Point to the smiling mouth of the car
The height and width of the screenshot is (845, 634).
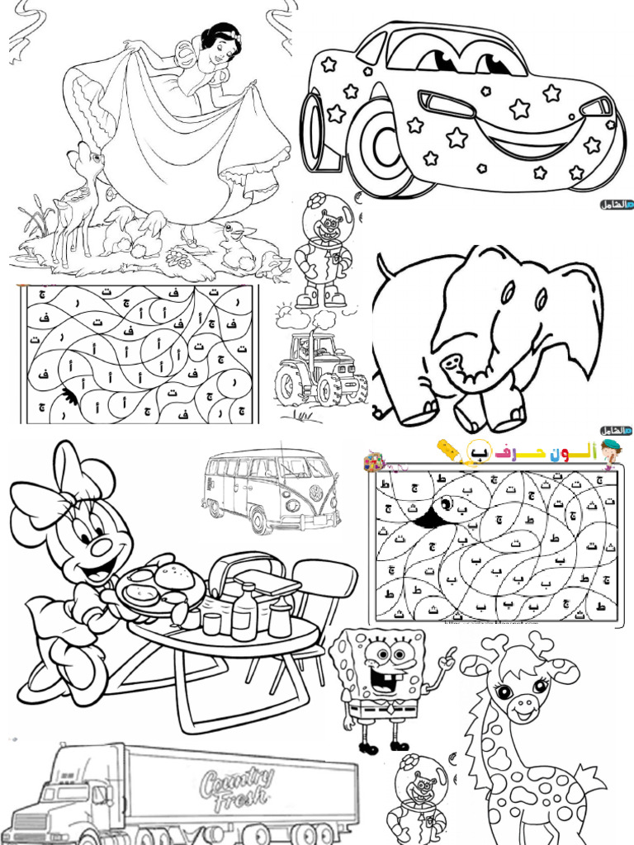(x=528, y=136)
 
